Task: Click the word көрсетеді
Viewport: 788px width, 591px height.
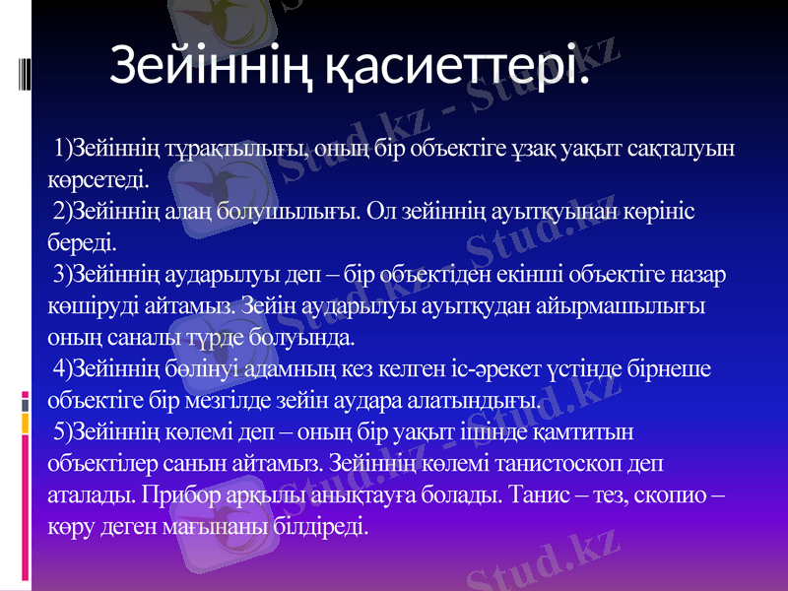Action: pos(98,180)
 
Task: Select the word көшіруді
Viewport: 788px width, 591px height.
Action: pos(94,304)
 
